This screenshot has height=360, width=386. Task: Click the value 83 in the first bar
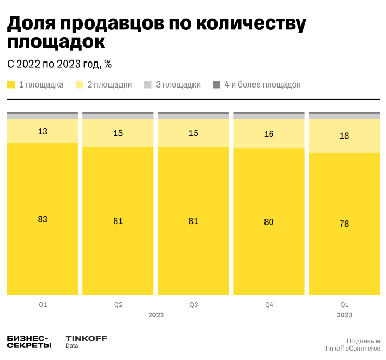43,219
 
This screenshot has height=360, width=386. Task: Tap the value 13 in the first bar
43,131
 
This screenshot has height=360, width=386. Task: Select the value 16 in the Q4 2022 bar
269,134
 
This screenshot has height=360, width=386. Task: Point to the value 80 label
269,222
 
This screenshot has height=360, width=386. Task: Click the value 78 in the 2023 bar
344,224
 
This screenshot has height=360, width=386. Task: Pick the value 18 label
344,135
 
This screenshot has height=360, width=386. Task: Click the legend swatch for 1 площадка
11,84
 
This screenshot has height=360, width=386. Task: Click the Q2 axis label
118,304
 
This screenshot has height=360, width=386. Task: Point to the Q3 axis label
194,304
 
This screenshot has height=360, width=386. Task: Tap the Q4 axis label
269,304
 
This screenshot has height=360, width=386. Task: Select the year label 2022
156,315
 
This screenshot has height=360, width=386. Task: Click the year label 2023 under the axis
344,315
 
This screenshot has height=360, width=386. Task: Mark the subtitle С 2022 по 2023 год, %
59,64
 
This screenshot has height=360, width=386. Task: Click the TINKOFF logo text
87,338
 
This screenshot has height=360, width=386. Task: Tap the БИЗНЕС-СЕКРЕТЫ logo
29,342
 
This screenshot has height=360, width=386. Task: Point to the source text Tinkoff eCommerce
352,348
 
